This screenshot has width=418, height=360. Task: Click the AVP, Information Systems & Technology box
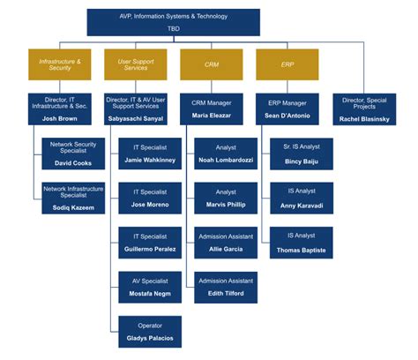(x=174, y=22)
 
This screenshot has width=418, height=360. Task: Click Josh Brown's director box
(x=60, y=109)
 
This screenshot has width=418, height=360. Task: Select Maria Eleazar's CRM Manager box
(x=212, y=109)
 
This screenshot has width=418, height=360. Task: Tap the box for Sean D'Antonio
(x=287, y=109)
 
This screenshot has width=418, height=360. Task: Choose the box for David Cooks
(x=74, y=154)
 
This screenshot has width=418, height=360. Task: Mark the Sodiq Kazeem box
(x=74, y=198)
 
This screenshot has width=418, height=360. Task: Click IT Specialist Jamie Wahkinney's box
(x=150, y=154)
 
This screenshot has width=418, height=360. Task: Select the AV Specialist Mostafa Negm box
(x=150, y=286)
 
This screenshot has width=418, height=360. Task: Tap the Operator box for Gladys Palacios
(x=150, y=331)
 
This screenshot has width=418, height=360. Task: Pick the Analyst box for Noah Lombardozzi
(x=226, y=154)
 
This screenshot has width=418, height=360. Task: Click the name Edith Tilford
(x=226, y=293)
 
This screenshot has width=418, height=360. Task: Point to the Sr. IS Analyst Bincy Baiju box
(x=302, y=154)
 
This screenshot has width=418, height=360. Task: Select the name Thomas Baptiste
(x=302, y=250)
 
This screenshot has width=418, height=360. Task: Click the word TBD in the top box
(x=174, y=28)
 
